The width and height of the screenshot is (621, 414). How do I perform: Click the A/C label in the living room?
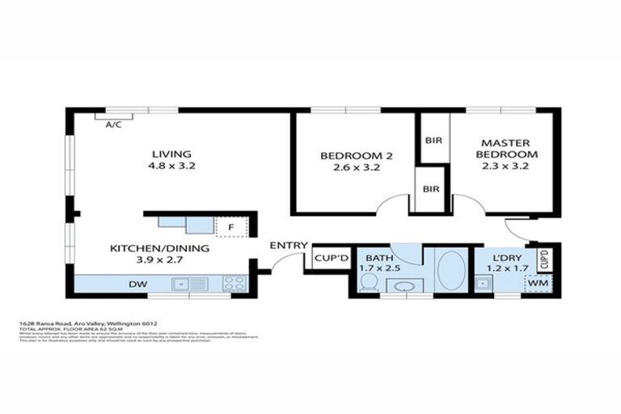(x=113, y=125)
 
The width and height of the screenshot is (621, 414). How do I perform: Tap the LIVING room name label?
(x=171, y=154)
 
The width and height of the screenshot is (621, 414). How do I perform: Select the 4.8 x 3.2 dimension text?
(x=171, y=166)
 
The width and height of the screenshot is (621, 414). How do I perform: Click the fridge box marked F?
(x=230, y=227)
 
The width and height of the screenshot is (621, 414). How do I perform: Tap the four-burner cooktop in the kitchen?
(x=234, y=284)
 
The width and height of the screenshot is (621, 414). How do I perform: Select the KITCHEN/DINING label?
(x=159, y=247)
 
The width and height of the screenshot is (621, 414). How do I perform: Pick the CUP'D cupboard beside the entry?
(x=331, y=259)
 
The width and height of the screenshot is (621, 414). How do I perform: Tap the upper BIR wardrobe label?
(x=432, y=139)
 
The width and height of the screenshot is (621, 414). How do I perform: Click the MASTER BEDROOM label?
(x=506, y=148)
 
